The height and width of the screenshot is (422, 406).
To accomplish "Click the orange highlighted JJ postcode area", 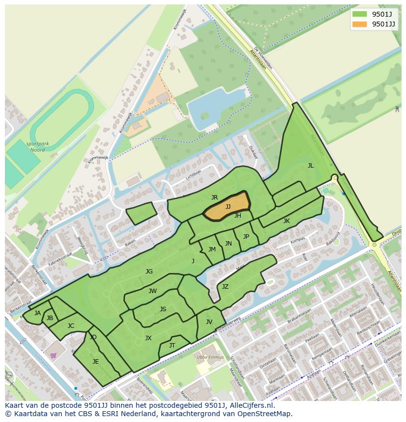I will (227, 206).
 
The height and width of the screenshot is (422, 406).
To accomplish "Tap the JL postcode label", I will (310, 166).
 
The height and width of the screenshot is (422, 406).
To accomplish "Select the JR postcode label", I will (214, 198).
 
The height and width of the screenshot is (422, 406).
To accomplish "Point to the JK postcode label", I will (286, 221).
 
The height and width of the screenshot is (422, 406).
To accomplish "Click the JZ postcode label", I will (225, 287).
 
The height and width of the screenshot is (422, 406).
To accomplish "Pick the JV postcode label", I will (209, 322).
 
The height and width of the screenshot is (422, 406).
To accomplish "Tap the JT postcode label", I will (172, 346).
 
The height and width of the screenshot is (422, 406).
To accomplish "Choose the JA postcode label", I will (37, 313).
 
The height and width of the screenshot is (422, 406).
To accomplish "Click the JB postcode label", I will (50, 318).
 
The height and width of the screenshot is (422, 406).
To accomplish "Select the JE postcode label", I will (96, 362).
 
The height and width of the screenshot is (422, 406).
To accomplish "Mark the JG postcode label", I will (149, 271).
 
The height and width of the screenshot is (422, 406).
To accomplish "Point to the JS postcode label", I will (163, 309).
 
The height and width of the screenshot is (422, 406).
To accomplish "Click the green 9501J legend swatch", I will (359, 14).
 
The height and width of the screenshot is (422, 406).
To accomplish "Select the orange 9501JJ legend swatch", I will (359, 24).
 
